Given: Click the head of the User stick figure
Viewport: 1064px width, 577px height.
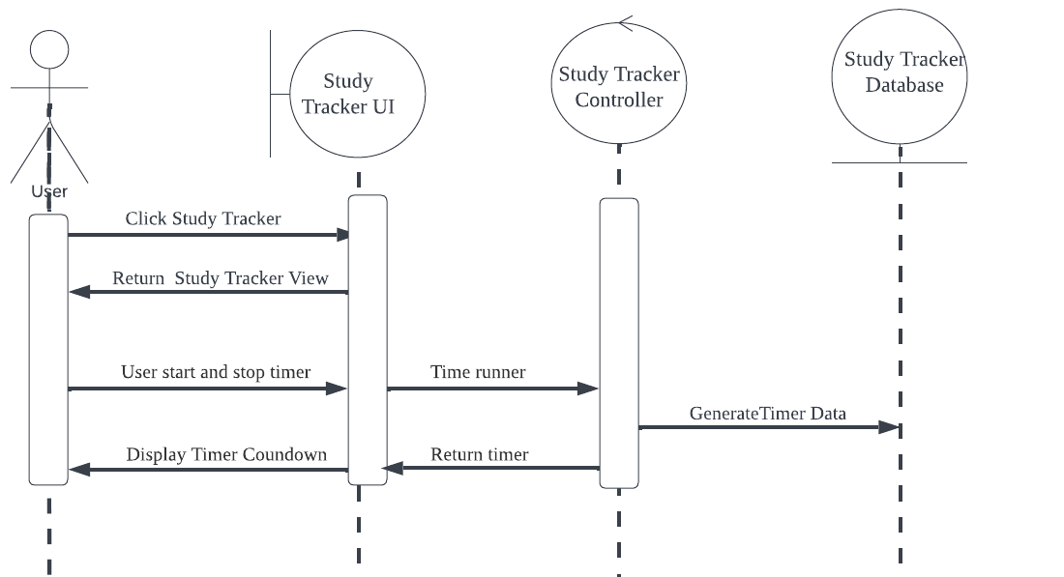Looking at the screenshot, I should click(x=49, y=49).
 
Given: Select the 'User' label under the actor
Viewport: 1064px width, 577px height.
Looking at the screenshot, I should click(x=49, y=191).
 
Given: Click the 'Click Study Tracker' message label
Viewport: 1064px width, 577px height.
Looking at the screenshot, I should click(x=203, y=219).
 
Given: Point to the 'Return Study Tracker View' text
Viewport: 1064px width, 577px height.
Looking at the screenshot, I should click(x=221, y=278).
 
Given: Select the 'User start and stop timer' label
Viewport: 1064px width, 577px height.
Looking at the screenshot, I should click(x=216, y=372).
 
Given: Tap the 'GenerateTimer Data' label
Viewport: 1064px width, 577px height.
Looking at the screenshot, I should click(x=768, y=414).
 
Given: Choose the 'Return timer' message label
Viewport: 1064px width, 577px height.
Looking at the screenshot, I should click(x=480, y=454).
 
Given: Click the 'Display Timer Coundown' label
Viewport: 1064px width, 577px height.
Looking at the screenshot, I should click(x=226, y=454).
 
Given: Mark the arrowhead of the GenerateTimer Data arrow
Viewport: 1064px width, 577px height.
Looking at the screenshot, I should click(x=891, y=427).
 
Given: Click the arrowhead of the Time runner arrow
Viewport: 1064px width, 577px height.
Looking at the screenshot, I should click(x=589, y=389).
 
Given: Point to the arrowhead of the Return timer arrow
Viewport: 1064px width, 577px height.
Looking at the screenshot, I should click(x=392, y=469).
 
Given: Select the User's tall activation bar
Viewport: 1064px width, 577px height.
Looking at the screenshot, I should click(x=48, y=348).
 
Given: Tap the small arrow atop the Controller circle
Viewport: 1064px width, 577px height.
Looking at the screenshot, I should click(x=626, y=22).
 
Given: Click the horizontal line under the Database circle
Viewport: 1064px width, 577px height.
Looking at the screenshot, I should click(x=900, y=162).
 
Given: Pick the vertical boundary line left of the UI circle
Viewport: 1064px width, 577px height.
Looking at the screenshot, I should click(x=270, y=93).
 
